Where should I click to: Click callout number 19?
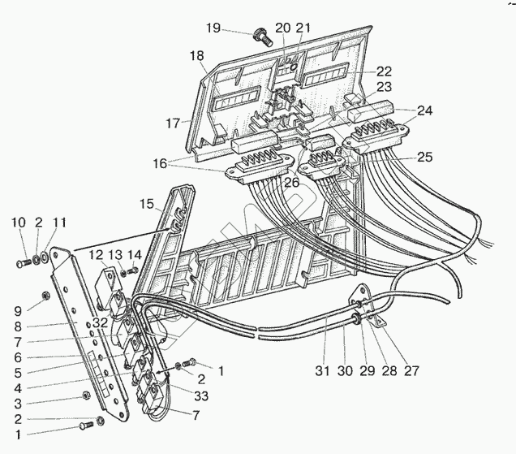(x=213, y=28)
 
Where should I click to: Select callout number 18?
(x=196, y=56)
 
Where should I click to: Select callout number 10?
(x=17, y=222)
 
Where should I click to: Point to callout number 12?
(x=96, y=255)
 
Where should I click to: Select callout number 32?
(x=99, y=323)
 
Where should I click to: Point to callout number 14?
(x=135, y=254)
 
